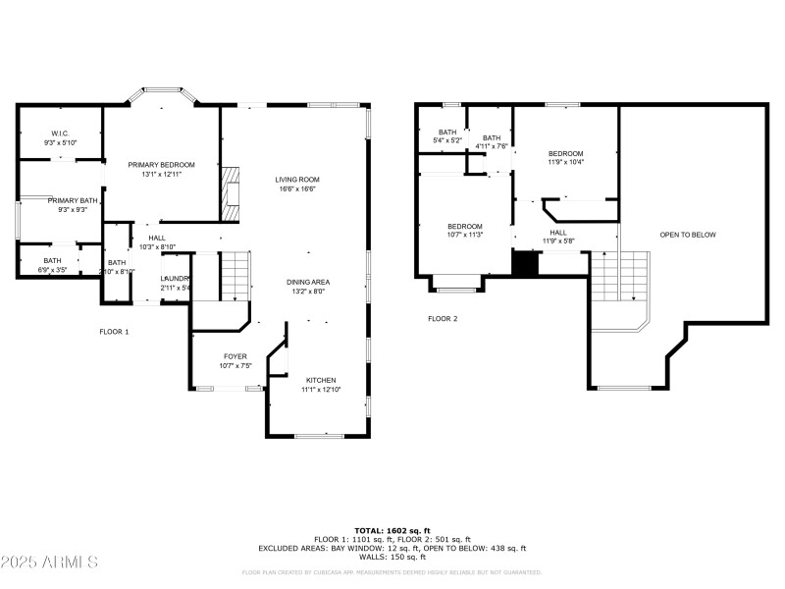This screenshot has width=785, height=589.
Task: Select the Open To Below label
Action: pyautogui.click(x=687, y=235)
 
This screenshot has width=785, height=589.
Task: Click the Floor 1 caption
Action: pyautogui.click(x=114, y=332)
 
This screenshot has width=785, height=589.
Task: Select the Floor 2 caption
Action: pyautogui.click(x=443, y=318)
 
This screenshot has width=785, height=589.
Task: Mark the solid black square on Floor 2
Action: pyautogui.click(x=526, y=264)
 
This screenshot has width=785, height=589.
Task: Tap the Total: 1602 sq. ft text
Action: pyautogui.click(x=392, y=530)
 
